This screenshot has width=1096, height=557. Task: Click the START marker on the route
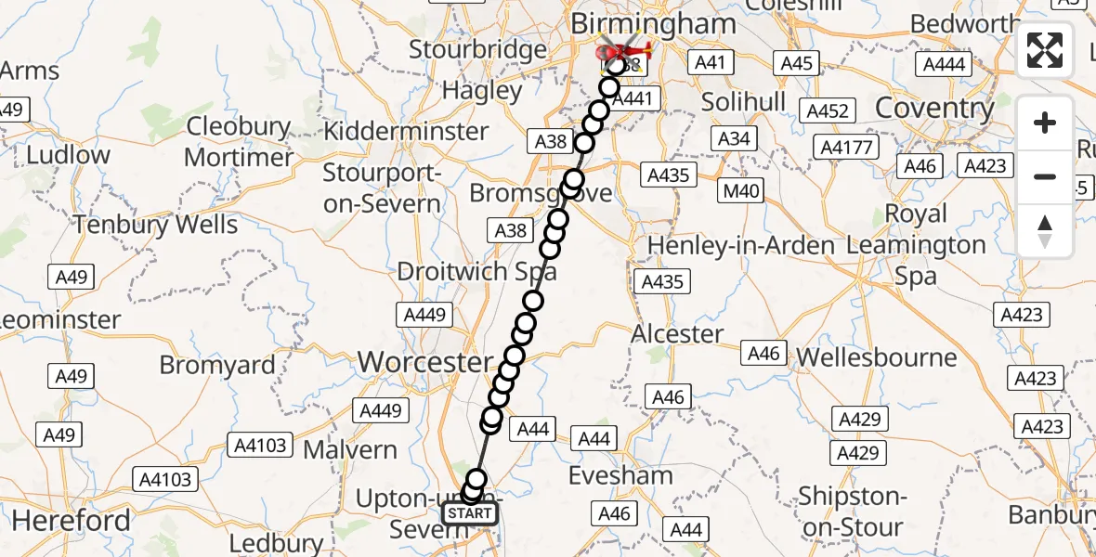[469, 513]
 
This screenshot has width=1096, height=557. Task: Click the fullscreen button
[1045, 50]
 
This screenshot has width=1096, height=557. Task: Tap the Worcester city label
[426, 362]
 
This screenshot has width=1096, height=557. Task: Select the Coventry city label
[934, 108]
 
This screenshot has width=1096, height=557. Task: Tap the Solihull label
[744, 101]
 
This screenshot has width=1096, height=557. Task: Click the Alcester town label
[677, 334]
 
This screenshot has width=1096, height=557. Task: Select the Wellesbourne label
[877, 357]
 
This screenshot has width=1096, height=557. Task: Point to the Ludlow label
[68, 154]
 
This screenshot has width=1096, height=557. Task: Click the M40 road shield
[742, 192]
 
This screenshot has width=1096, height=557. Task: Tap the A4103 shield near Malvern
[260, 446]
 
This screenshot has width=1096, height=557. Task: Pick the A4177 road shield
[846, 147]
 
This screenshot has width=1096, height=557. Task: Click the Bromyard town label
[217, 365]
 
